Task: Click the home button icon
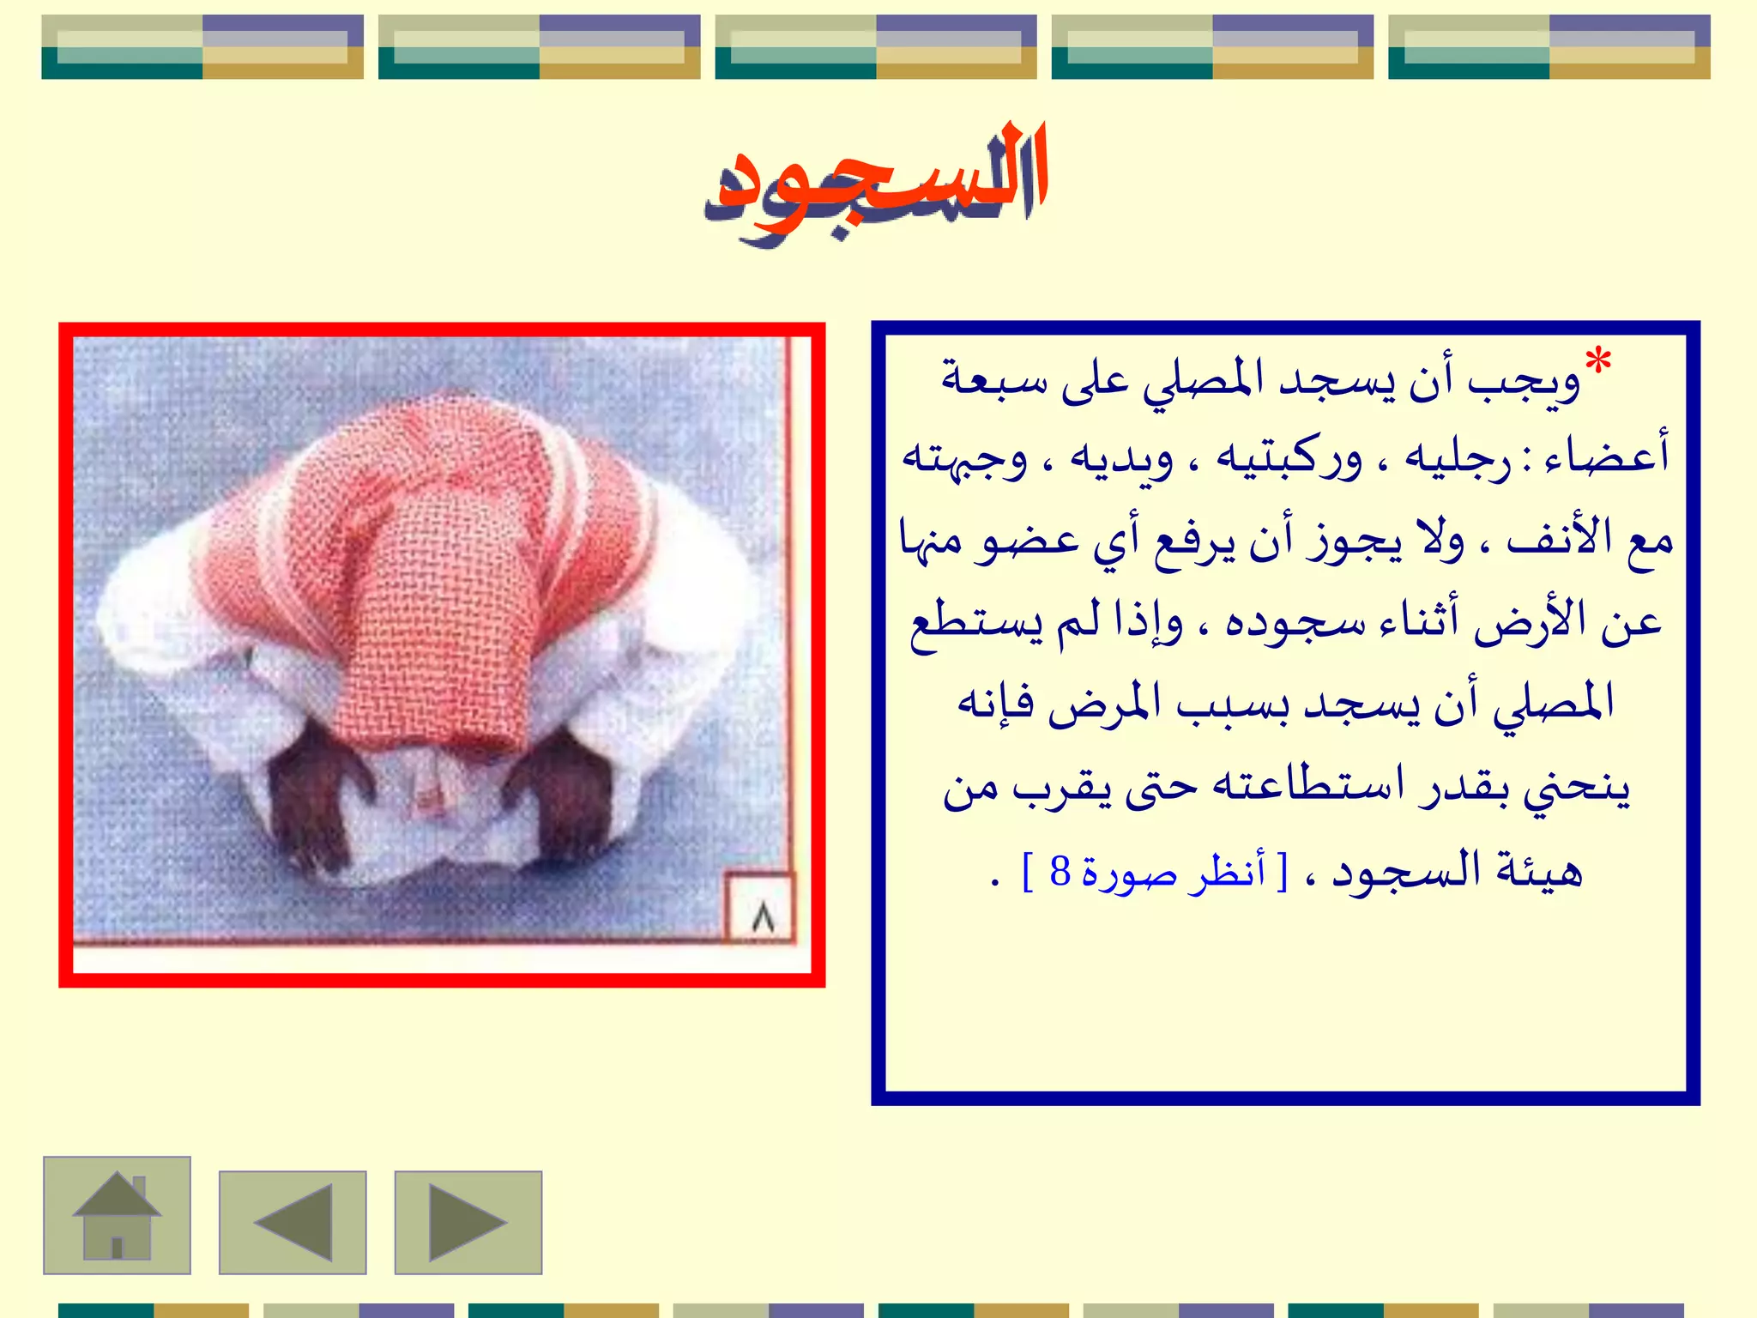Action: [x=117, y=1215]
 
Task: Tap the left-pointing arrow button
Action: [x=293, y=1222]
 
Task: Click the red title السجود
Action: [x=876, y=180]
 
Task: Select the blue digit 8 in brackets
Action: [x=1060, y=872]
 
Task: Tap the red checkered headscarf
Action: [x=446, y=549]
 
